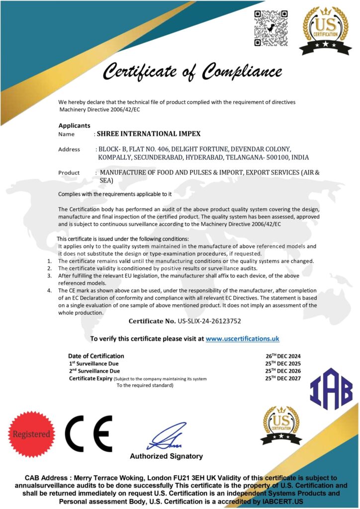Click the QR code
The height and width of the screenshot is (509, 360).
[271, 29]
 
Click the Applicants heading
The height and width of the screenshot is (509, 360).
[75, 125]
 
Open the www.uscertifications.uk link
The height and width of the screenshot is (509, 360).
[242, 339]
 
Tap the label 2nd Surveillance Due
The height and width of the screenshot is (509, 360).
[94, 371]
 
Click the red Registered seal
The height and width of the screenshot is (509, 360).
[31, 434]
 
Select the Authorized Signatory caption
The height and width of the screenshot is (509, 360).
[166, 456]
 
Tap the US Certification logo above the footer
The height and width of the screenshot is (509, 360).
[281, 424]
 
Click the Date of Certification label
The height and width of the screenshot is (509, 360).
[96, 356]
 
